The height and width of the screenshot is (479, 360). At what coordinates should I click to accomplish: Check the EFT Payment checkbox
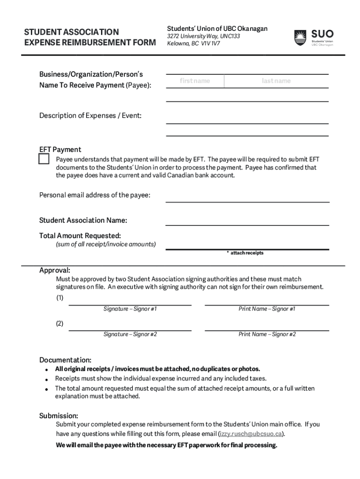(44, 159)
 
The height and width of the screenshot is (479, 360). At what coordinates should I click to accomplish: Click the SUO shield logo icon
(300, 38)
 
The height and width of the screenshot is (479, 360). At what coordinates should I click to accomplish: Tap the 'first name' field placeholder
(195, 81)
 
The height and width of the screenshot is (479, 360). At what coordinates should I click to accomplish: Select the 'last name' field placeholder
(276, 81)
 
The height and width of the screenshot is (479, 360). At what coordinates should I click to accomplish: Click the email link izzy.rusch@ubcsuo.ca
(250, 434)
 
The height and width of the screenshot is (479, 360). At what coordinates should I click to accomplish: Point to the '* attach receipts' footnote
(245, 253)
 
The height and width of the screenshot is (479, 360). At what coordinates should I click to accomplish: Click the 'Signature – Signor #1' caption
(130, 309)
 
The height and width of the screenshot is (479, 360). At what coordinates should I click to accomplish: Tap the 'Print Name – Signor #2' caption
(267, 334)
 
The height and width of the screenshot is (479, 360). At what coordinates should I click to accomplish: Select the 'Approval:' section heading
(55, 270)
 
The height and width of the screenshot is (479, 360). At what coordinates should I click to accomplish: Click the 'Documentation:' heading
(65, 360)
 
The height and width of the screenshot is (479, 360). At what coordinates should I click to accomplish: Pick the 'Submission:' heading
(58, 416)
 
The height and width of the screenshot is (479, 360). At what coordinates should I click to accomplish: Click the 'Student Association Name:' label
(83, 220)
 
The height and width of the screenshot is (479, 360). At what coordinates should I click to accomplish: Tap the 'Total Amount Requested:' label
(80, 235)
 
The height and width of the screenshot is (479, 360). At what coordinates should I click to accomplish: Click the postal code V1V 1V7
(210, 44)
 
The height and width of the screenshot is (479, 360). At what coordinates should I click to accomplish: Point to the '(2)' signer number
(60, 323)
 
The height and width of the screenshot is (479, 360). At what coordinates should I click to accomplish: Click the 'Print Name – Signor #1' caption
(267, 309)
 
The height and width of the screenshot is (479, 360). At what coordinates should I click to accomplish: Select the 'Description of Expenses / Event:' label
(90, 116)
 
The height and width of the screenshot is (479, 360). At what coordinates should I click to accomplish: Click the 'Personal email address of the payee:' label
(95, 195)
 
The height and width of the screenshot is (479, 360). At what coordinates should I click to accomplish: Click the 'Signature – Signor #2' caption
(130, 334)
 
